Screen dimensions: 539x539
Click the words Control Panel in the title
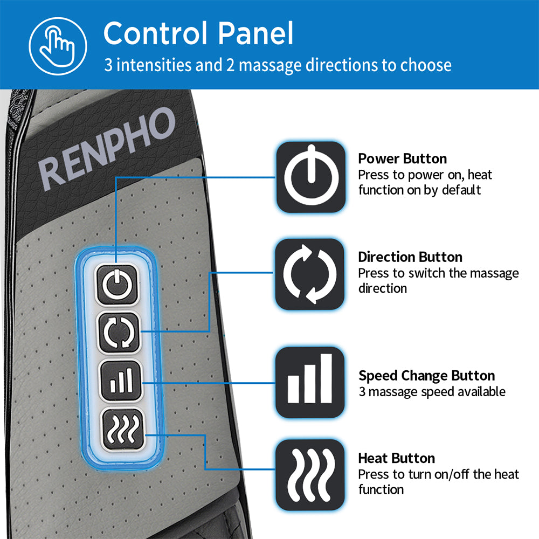[198, 33]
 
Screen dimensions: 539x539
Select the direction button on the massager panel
[119, 333]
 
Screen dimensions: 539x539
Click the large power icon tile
[311, 177]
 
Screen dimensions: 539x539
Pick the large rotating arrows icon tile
[311, 274]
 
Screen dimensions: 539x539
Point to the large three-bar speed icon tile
[310, 382]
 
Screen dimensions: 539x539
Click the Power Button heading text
[402, 159]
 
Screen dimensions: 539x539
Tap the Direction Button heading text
[410, 257]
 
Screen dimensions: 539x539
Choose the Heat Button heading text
[396, 459]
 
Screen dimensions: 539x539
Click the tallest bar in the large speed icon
[326, 378]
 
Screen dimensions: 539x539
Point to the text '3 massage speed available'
[432, 391]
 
